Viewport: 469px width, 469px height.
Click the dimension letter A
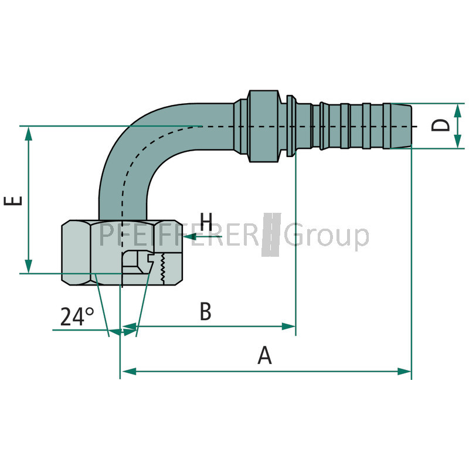[x=265, y=355]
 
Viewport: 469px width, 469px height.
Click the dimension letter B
[x=205, y=312]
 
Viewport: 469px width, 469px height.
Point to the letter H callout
[x=206, y=222]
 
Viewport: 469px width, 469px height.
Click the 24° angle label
[x=77, y=317]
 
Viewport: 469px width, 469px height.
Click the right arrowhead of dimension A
[x=405, y=371]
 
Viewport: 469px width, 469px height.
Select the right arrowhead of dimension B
[x=289, y=326]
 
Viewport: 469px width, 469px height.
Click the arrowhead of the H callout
[x=187, y=237]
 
